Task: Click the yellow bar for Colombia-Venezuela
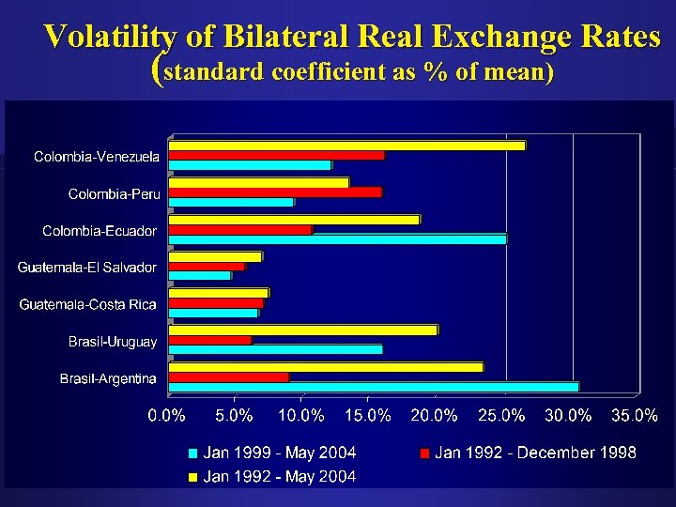point(346,145)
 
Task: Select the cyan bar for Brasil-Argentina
point(374,386)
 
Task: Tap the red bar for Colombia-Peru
point(275,192)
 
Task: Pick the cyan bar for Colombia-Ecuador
point(337,238)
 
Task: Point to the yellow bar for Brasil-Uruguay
point(303,330)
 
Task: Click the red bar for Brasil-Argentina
point(228,376)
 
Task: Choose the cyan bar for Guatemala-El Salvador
point(199,275)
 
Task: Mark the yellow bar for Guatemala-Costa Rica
point(218,293)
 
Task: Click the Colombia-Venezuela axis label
point(97,156)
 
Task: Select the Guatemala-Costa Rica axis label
point(88,304)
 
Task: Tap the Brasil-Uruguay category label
point(113,342)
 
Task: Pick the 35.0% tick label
point(635,414)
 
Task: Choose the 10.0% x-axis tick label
point(301,414)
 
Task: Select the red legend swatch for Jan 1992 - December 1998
point(424,453)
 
